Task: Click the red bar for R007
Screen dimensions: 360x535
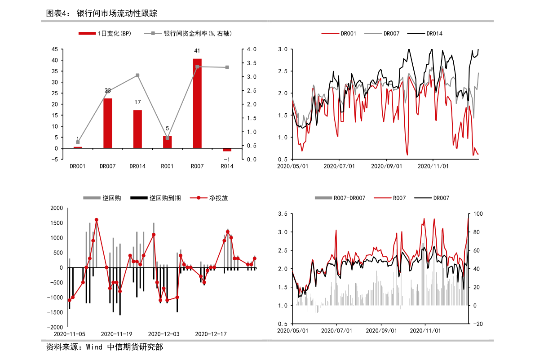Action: [x=197, y=103]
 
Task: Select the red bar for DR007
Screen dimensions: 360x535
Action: [x=108, y=123]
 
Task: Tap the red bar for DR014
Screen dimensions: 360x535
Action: [x=137, y=129]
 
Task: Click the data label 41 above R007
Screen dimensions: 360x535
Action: [x=197, y=51]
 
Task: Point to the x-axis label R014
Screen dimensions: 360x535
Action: [x=227, y=166]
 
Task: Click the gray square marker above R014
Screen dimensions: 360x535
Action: [x=227, y=67]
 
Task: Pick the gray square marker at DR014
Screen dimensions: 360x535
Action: [x=137, y=76]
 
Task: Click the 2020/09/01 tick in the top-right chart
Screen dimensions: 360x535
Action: [x=386, y=166]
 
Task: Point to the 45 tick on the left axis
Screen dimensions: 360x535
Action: [x=66, y=49]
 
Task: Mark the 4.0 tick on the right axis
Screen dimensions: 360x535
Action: [x=250, y=49]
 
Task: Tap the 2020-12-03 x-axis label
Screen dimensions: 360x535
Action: [x=164, y=334]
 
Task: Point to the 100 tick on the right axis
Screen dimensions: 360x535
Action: [x=478, y=214]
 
